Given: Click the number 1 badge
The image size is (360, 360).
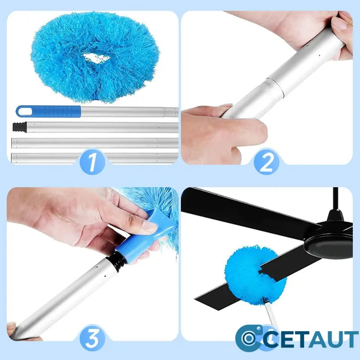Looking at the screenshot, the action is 92,162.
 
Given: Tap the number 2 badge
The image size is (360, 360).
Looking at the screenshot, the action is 266,162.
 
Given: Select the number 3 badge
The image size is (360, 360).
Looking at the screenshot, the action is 92,338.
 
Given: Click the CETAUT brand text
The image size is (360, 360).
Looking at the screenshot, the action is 311,339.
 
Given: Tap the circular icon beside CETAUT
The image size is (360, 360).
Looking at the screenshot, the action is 249,338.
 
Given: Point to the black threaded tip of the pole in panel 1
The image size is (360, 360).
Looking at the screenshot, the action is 19,127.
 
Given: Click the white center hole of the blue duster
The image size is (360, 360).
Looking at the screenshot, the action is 96,58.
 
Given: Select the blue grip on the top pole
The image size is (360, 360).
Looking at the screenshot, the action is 49,111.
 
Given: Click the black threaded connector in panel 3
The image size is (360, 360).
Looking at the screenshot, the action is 118,261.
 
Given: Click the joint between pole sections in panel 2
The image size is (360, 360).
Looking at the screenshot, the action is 275,86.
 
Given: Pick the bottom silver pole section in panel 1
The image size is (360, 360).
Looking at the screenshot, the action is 94,158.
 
